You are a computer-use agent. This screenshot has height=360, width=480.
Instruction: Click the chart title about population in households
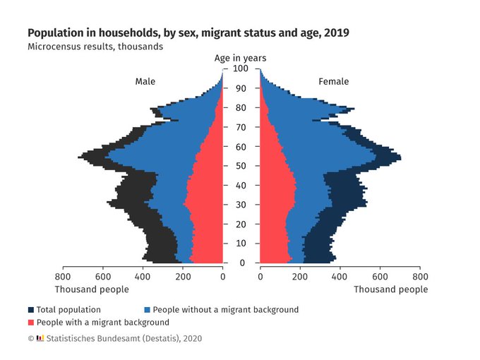pyautogui.click(x=188, y=33)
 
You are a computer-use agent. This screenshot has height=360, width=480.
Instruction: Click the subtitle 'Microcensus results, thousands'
pyautogui.click(x=95, y=47)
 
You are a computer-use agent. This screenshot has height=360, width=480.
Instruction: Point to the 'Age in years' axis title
pyautogui.click(x=241, y=58)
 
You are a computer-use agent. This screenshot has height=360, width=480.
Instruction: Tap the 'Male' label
pyautogui.click(x=145, y=82)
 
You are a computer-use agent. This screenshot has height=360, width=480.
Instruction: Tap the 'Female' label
pyautogui.click(x=333, y=82)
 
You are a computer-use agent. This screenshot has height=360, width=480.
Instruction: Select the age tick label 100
pyautogui.click(x=241, y=68)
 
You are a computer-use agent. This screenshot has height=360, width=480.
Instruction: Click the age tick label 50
pyautogui.click(x=241, y=166)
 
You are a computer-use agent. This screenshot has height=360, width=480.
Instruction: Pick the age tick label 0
pyautogui.click(x=241, y=263)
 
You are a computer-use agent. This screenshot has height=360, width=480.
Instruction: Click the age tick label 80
pyautogui.click(x=241, y=107)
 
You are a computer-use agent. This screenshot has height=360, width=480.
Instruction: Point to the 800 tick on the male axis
pyautogui.click(x=63, y=277)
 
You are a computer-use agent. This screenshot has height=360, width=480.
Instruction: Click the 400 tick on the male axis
pyautogui.click(x=143, y=277)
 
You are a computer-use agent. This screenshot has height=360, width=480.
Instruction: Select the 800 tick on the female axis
pyautogui.click(x=420, y=277)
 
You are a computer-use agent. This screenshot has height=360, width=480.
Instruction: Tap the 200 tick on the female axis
pyautogui.click(x=300, y=277)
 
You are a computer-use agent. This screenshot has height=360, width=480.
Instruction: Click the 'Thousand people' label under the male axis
pyautogui.click(x=92, y=289)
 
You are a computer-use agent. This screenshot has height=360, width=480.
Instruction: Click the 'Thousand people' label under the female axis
pyautogui.click(x=390, y=289)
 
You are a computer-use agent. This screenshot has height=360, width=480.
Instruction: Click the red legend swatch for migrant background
pyautogui.click(x=31, y=323)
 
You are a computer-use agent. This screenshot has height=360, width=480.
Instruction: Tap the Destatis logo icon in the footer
pyautogui.click(x=40, y=339)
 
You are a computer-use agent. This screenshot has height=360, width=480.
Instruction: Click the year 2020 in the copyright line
pyautogui.click(x=191, y=339)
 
